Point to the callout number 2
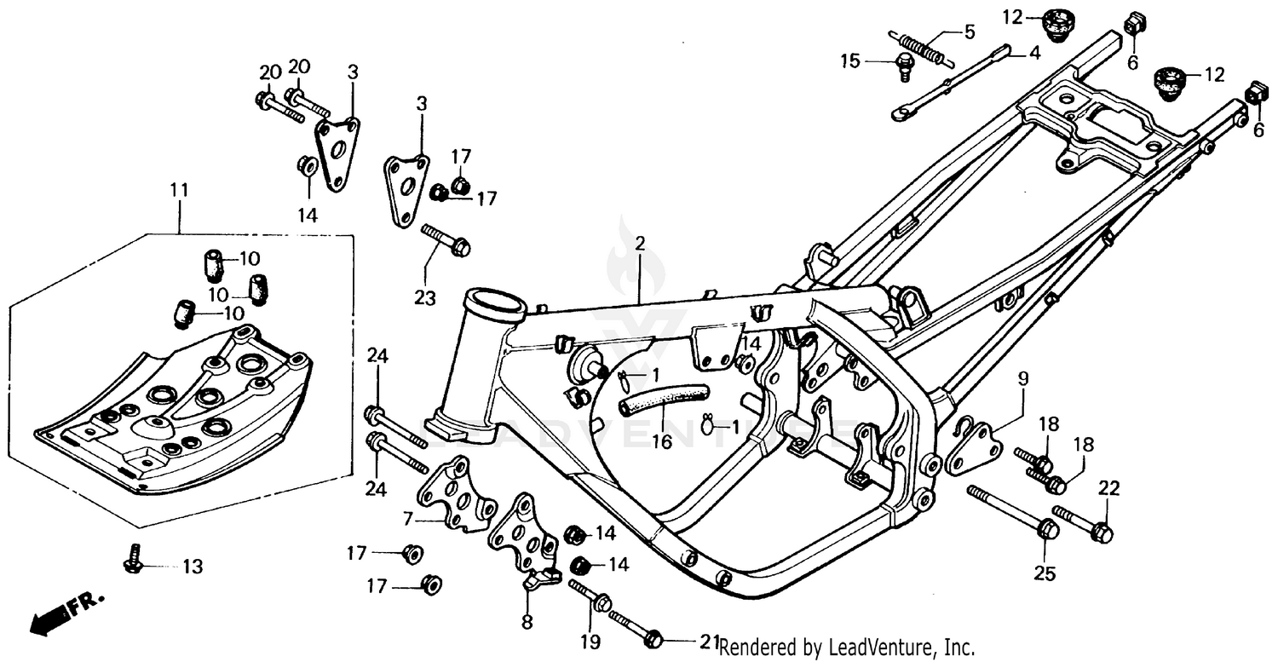click(640, 244)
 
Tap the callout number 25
click(1045, 573)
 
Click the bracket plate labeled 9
click(971, 449)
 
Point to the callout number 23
click(425, 298)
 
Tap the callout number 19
click(590, 641)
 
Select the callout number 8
click(527, 623)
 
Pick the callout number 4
click(1033, 52)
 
